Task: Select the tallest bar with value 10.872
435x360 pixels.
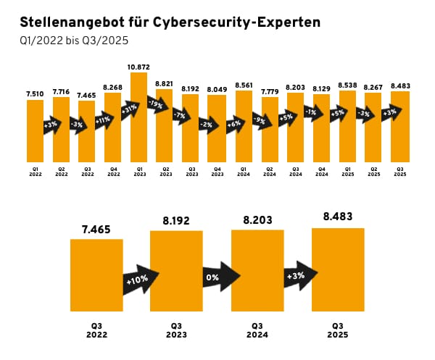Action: pos(139,116)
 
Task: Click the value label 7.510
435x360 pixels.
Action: pos(36,93)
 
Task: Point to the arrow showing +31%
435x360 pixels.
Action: pos(130,109)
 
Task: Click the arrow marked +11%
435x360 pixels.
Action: pos(102,120)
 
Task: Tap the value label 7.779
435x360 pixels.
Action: pos(269,91)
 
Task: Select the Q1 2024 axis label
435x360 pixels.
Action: pos(244,173)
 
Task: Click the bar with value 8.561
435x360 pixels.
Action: pos(244,127)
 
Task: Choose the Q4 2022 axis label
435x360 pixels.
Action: pos(113,173)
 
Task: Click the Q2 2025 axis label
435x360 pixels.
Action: pos(373,173)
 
